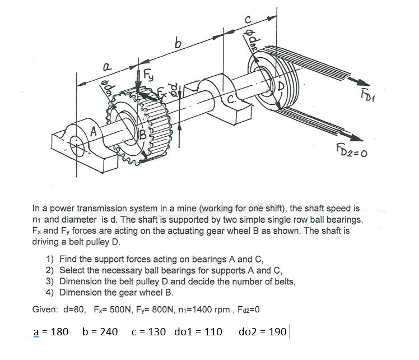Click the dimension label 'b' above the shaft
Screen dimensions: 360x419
click(178, 41)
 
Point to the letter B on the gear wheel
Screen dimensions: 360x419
click(142, 134)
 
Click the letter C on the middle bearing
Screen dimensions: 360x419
click(230, 101)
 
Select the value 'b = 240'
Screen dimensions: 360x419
click(100, 331)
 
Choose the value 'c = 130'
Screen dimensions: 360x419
click(148, 331)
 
